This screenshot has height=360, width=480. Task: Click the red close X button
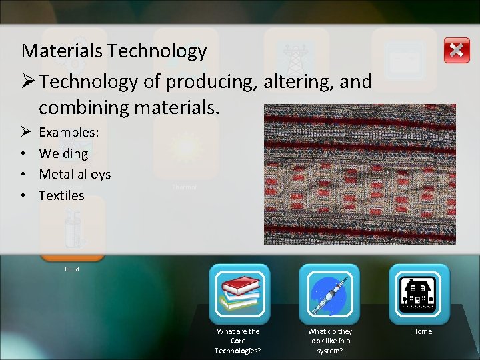point(457,50)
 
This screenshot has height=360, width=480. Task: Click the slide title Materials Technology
point(114,51)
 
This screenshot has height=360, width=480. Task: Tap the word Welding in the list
point(63,153)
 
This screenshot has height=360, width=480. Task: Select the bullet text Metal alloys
point(75,175)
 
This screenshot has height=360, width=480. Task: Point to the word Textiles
point(61,195)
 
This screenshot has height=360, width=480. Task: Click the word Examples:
point(69,133)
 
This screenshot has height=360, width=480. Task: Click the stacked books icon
point(239,294)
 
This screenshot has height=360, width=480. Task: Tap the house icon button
point(419,294)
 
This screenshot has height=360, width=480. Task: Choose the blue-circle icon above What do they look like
point(329,294)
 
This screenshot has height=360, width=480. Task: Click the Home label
point(422,331)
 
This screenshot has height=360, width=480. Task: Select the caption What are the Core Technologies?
point(238,341)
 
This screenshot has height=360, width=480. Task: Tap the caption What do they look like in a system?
point(330,341)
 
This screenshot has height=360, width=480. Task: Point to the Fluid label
point(72,269)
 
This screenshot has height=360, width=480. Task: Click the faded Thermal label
point(184,187)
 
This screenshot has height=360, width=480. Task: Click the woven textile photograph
point(360,174)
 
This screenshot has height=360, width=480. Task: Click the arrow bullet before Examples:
point(26,133)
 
